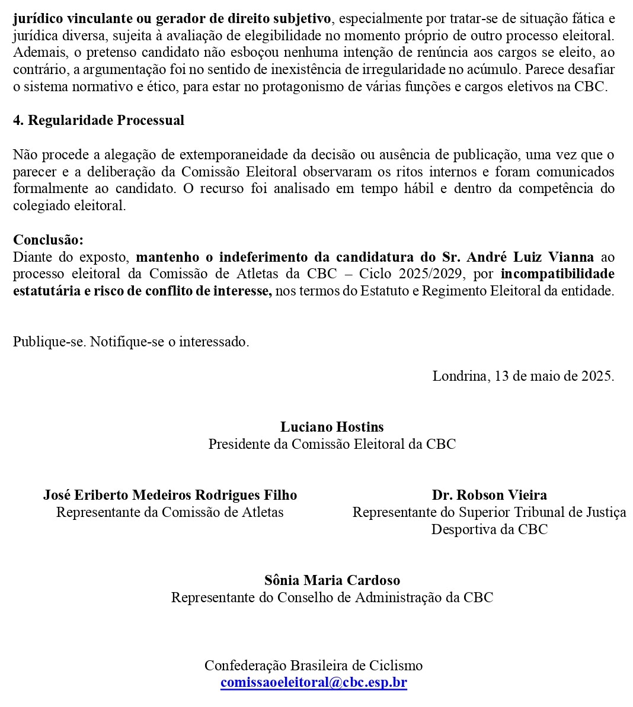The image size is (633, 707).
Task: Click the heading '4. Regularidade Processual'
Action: pyautogui.click(x=98, y=120)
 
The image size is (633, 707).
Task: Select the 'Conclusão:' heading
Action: pyautogui.click(x=49, y=240)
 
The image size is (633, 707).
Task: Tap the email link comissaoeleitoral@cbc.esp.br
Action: pyautogui.click(x=314, y=682)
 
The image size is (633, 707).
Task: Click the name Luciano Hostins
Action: pyautogui.click(x=332, y=427)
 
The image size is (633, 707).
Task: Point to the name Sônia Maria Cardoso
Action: pyautogui.click(x=332, y=580)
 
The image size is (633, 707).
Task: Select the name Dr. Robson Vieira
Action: pyautogui.click(x=489, y=495)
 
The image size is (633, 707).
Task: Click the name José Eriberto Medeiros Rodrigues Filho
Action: pyautogui.click(x=170, y=495)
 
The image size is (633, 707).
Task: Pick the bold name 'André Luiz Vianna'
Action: pyautogui.click(x=530, y=257)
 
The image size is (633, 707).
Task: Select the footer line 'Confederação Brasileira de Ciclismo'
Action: pyautogui.click(x=314, y=666)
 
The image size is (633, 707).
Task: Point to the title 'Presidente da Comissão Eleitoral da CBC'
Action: pyautogui.click(x=332, y=444)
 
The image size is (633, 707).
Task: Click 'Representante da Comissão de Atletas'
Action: pyautogui.click(x=170, y=512)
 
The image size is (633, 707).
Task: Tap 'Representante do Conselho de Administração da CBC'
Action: pyautogui.click(x=332, y=597)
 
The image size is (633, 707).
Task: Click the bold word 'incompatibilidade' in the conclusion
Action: pyautogui.click(x=557, y=274)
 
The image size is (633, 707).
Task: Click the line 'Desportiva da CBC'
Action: pyautogui.click(x=489, y=529)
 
